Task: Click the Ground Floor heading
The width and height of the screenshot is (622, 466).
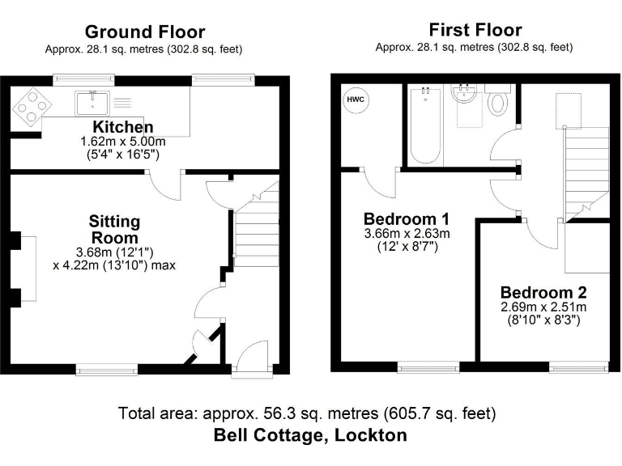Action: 145,32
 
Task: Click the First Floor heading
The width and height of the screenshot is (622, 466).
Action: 475,30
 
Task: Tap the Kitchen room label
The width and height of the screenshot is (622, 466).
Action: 123,127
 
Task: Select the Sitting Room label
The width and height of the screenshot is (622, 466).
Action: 114,230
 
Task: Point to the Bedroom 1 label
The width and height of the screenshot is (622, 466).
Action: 407,219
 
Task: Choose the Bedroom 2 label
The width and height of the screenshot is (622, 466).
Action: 543,293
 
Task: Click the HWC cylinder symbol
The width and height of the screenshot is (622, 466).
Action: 356,100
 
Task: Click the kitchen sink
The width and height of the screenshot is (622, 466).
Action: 92,104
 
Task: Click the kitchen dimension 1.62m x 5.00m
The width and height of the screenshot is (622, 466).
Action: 123,142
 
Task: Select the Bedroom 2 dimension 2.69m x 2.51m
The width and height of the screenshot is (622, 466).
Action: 543,307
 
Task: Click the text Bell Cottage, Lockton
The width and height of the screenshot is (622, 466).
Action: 310,435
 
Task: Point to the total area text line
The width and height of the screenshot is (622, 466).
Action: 307,413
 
